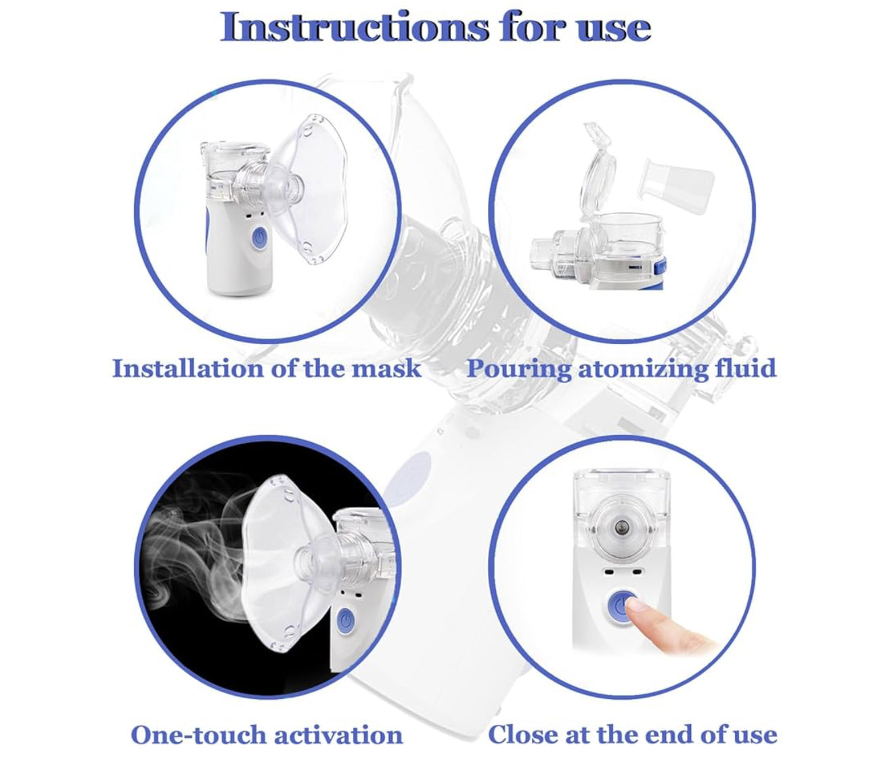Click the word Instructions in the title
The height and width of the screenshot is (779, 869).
[x=354, y=26]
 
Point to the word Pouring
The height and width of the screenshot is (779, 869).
[x=518, y=369]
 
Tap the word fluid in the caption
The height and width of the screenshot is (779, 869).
[x=746, y=368]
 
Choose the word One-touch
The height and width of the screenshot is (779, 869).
[x=198, y=734]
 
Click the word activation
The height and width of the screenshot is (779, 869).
[x=338, y=734]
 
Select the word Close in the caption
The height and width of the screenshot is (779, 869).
[x=522, y=734]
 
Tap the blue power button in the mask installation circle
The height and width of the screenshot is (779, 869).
[x=259, y=238]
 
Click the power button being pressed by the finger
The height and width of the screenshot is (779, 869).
[x=621, y=606]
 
